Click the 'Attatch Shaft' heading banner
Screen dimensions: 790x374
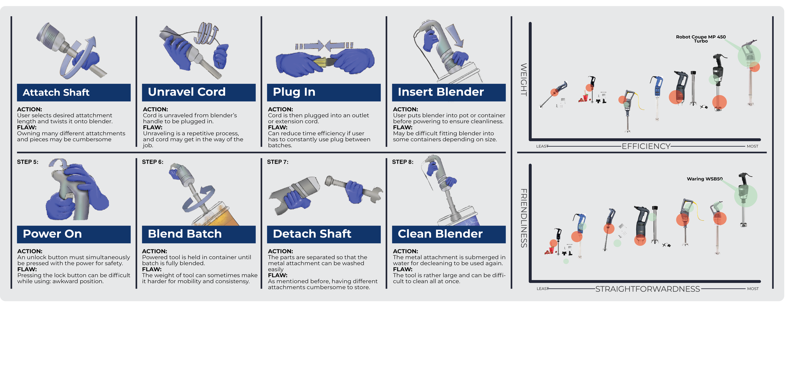[x=74, y=92]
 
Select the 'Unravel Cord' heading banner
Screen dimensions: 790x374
[x=199, y=92]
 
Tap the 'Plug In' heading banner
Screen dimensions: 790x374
[x=324, y=92]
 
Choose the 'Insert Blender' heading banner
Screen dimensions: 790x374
[x=449, y=92]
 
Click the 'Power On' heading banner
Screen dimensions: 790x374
[x=74, y=234]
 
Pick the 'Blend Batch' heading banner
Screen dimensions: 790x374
[x=199, y=234]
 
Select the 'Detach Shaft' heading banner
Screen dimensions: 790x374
[x=324, y=234]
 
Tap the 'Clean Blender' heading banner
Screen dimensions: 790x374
[x=449, y=234]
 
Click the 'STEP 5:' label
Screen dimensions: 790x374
[x=27, y=162]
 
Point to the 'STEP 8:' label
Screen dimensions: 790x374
[x=403, y=162]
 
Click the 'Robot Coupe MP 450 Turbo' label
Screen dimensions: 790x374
[x=701, y=39]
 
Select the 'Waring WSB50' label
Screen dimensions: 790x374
[x=705, y=179]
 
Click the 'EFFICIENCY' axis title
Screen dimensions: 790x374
[x=646, y=146]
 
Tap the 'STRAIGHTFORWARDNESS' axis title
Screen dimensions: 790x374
[x=647, y=289]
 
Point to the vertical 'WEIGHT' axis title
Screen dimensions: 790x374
[x=524, y=80]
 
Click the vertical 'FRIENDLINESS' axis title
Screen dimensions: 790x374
[x=524, y=218]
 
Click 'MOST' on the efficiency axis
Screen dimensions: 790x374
[x=752, y=146]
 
